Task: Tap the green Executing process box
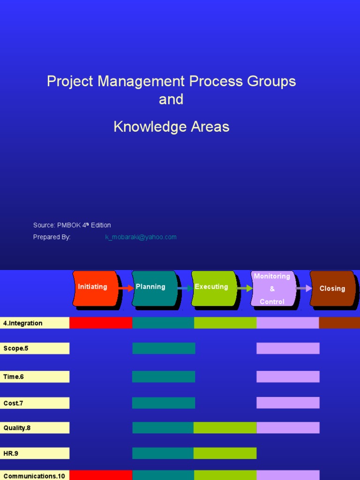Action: (214, 288)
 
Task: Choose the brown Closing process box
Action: (332, 289)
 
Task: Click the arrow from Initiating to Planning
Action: (126, 288)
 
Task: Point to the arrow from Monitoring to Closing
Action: (304, 288)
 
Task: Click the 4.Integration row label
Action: (35, 323)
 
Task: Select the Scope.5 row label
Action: (35, 348)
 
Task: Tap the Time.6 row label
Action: (35, 377)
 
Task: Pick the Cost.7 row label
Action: (35, 403)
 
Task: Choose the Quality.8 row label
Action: (35, 428)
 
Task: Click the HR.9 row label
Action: (35, 453)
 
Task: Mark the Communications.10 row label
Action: (35, 475)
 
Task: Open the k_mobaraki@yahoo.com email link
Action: (141, 237)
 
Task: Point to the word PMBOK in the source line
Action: (69, 225)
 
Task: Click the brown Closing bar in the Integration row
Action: (339, 322)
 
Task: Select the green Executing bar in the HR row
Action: (225, 453)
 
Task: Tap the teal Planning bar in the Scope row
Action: (164, 348)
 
